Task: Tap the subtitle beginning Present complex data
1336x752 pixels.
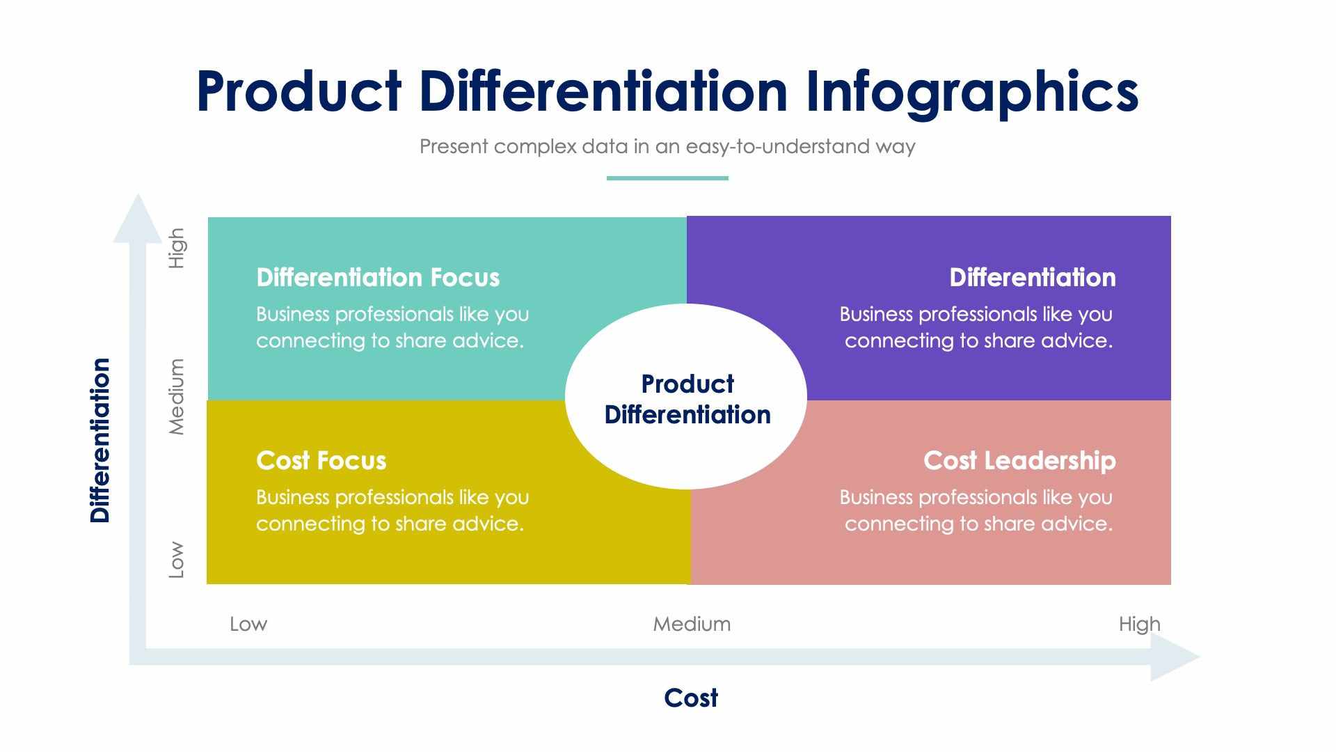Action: [667, 147]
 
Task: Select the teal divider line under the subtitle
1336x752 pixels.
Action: [667, 178]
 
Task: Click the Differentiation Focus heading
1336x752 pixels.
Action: [378, 278]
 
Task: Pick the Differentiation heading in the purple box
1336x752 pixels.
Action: [1032, 278]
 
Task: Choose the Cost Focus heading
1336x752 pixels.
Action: [321, 461]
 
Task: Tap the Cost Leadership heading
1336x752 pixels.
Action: [1019, 461]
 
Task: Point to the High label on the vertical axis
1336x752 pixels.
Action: [177, 248]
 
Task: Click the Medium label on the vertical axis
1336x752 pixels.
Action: [177, 397]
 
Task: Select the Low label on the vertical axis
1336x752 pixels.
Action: [177, 559]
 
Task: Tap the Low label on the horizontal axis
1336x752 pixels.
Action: [248, 624]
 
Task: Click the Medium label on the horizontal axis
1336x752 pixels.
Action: [692, 624]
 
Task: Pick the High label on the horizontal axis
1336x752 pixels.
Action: [1139, 624]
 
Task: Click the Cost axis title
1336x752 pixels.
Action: [690, 698]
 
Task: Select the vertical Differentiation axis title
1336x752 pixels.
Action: [100, 440]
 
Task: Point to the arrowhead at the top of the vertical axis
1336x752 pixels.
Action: [138, 221]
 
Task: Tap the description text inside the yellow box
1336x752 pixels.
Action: [392, 510]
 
